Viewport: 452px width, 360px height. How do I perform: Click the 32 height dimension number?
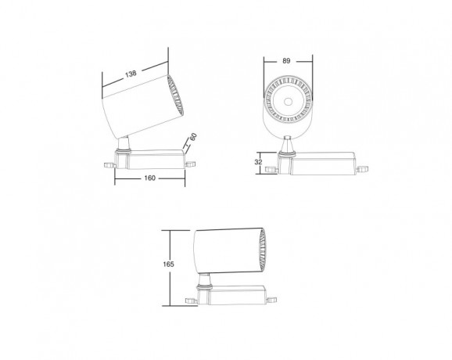point(259,161)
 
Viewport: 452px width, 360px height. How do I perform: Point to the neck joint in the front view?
point(288,145)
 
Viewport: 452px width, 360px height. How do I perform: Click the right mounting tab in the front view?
point(361,167)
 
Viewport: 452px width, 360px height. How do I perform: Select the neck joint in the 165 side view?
point(204,281)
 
